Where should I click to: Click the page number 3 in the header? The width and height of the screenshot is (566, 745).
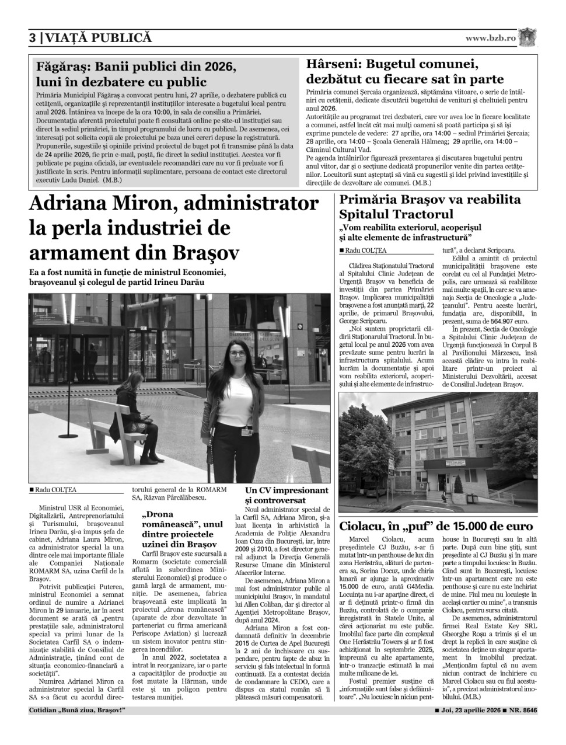click(x=33, y=39)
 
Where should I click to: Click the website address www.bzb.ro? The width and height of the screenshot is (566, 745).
click(x=491, y=38)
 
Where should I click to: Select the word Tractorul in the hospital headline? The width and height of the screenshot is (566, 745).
click(x=424, y=214)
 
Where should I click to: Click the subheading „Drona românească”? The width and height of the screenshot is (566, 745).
click(x=172, y=515)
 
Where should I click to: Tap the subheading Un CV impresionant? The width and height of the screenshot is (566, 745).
click(x=287, y=490)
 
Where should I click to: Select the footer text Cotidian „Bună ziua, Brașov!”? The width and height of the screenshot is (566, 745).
click(x=77, y=711)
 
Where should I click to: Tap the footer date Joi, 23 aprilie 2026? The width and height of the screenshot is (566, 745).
click(x=469, y=711)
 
